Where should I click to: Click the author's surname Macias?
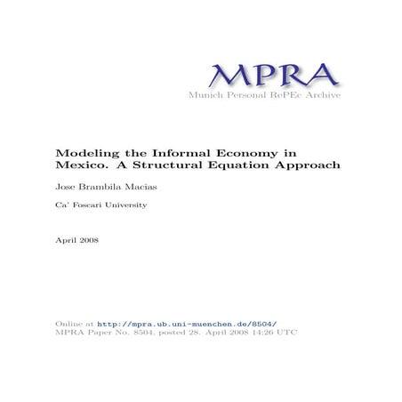click(135, 188)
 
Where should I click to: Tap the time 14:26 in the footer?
click(264, 333)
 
